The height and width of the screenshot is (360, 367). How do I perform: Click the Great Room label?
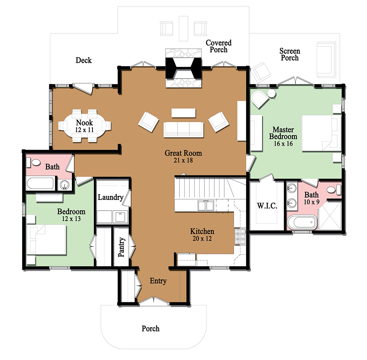pos(183,153)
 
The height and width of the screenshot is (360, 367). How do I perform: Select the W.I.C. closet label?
pos(267,206)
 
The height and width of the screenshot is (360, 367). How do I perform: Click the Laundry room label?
pos(110,197)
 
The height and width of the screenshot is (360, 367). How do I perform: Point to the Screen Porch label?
pos(290,54)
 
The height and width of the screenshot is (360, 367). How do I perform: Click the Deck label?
pos(84,60)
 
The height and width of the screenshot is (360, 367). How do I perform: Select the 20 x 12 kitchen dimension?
pos(202,238)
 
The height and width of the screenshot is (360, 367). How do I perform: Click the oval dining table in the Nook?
pos(84,126)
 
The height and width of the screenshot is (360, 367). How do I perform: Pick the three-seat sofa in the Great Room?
pos(183,129)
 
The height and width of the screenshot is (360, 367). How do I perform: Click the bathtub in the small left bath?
pos(40,184)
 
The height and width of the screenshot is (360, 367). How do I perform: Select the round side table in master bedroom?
pos(272,95)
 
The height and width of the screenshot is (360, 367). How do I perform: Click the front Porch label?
pos(150,328)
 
